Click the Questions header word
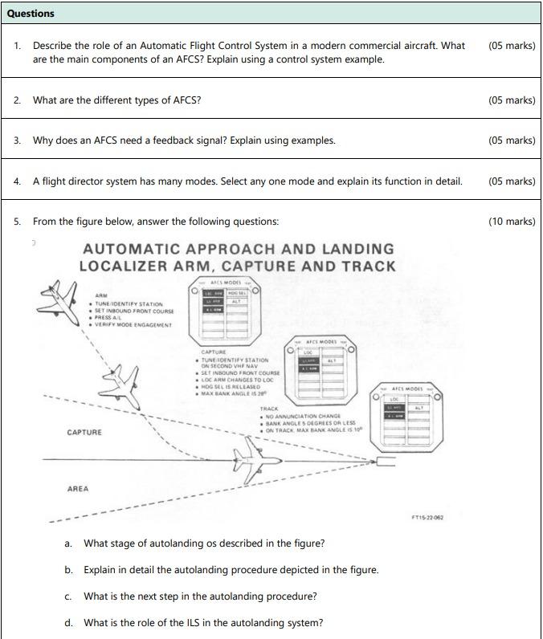coord(31,14)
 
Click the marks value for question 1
coord(511,46)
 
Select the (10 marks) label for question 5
coord(511,222)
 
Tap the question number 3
coord(17,140)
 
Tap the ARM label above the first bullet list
coord(101,296)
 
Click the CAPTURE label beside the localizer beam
coord(84,433)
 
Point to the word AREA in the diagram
coord(78,489)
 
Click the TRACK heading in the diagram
coord(268,409)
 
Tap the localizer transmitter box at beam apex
coord(385,462)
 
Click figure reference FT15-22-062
coord(427,518)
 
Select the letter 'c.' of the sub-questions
coord(68,596)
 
